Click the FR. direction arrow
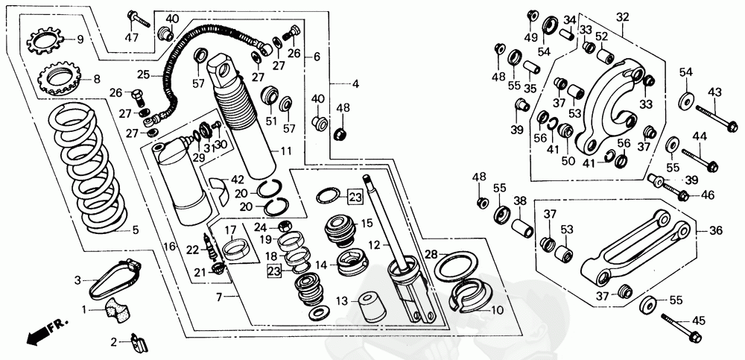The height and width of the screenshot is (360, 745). (x=47, y=331)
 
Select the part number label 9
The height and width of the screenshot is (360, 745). (x=80, y=40)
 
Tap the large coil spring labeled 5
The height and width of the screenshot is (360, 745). (x=89, y=168)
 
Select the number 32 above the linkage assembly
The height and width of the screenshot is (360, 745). (x=622, y=17)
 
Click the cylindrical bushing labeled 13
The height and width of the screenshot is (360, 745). (x=372, y=309)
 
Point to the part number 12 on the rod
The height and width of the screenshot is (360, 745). (x=375, y=245)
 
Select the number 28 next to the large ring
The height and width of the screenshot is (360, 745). (x=431, y=254)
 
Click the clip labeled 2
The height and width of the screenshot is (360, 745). (x=139, y=341)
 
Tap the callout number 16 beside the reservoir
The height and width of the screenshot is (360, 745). (x=169, y=246)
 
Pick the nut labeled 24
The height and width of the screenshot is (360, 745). (x=284, y=226)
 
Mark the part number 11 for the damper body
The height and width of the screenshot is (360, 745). (x=285, y=153)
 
